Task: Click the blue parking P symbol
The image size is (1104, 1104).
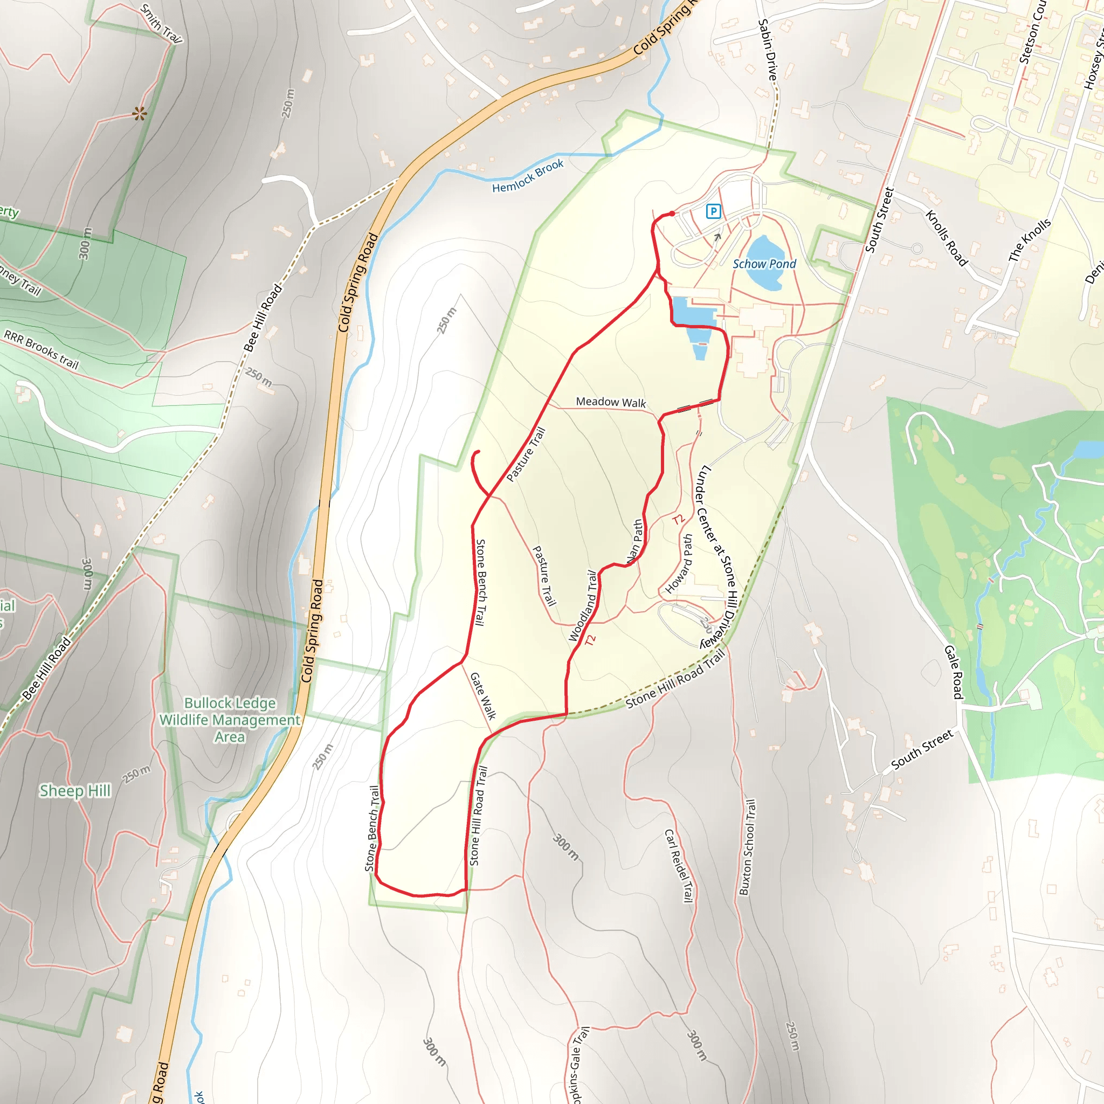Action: point(713,211)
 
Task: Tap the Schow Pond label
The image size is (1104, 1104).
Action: point(764,264)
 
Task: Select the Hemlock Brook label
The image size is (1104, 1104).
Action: point(527,176)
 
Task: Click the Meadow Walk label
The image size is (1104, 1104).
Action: point(610,402)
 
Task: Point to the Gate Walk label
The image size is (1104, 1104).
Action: point(483,695)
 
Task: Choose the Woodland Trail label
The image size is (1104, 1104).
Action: point(583,606)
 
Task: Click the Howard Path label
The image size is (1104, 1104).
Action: point(679,564)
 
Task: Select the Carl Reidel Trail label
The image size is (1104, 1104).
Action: point(679,866)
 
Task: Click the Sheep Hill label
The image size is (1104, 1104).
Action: point(75,791)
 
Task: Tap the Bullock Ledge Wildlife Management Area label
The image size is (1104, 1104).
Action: point(230,720)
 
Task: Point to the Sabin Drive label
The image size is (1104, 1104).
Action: point(768,50)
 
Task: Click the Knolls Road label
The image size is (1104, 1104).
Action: point(946,238)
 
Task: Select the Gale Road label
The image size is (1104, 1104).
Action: point(954,672)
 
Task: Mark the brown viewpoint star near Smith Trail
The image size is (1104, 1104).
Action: point(140,114)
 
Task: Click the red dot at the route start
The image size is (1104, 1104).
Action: point(673,213)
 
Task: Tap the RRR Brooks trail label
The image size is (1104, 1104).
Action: point(41,350)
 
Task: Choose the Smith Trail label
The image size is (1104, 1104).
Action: point(161,24)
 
